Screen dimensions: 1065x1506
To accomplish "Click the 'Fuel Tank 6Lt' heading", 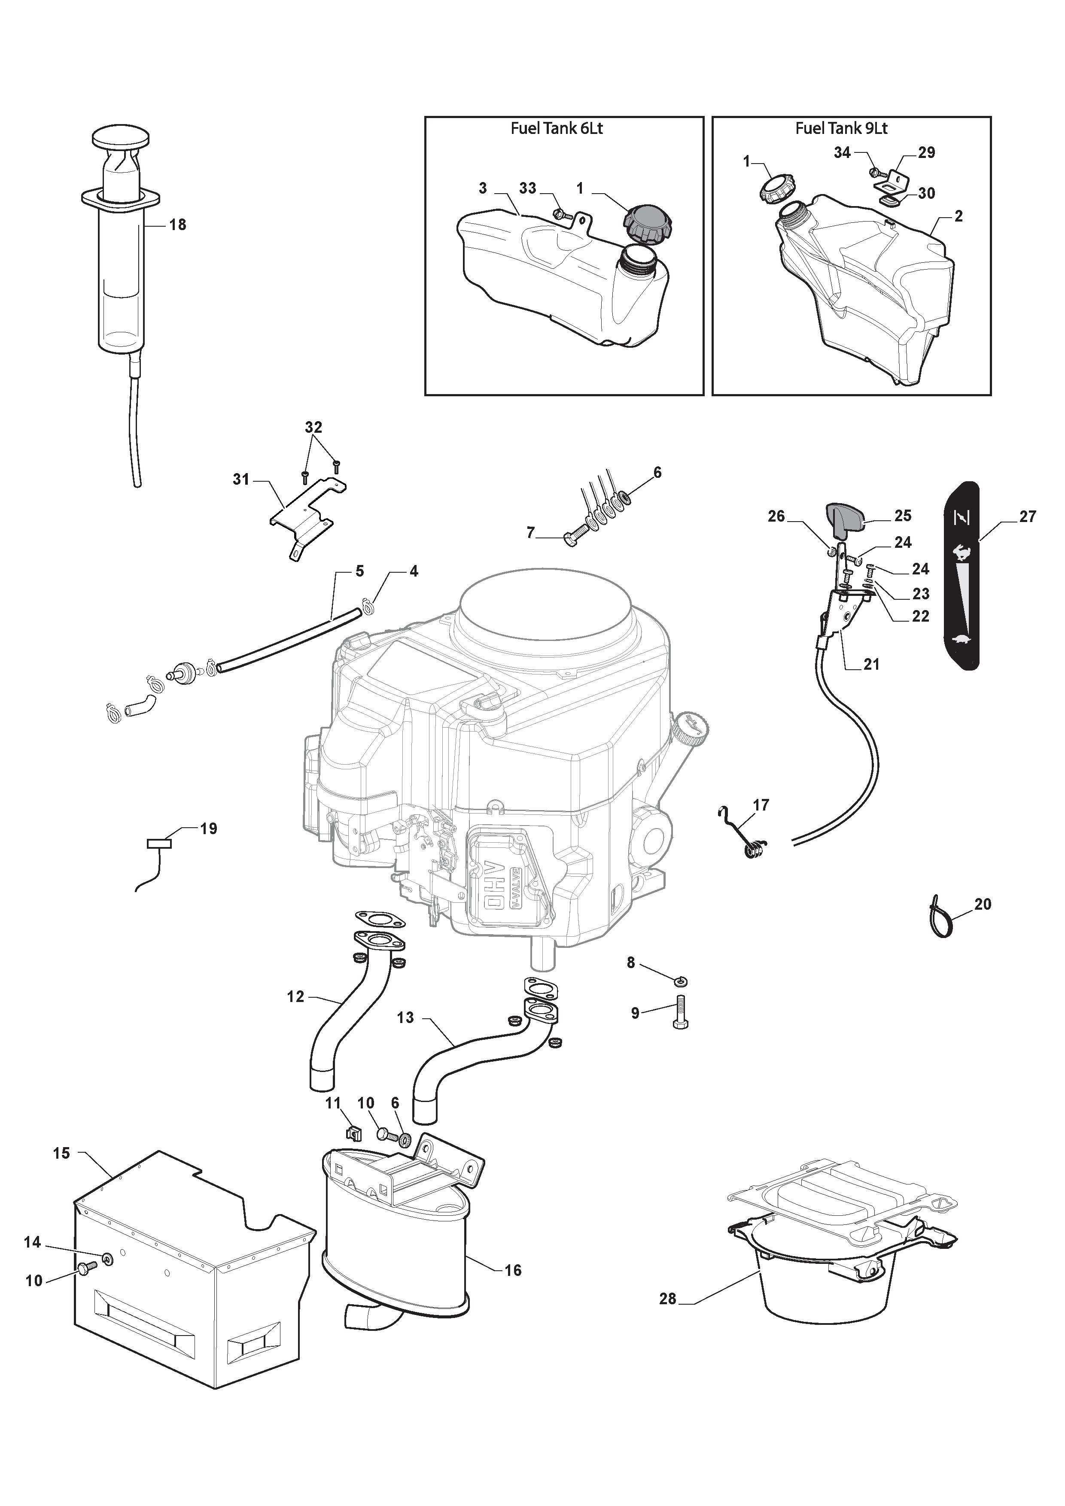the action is [557, 128].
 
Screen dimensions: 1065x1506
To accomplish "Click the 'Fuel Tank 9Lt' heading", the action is [841, 128].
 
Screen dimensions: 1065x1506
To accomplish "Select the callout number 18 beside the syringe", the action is [178, 225].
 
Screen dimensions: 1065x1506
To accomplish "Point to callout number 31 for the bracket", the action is [241, 480].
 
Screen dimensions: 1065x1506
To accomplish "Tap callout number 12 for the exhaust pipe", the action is [296, 997].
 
